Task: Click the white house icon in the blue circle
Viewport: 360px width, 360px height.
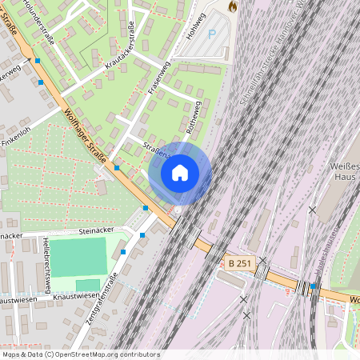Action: (180, 172)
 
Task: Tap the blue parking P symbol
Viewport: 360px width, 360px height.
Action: (212, 34)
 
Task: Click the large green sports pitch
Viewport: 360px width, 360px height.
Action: (78, 257)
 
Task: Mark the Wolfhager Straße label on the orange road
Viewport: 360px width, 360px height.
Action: (82, 127)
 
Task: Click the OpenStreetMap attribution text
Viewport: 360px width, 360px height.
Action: (81, 354)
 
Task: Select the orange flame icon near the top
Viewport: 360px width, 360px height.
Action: (233, 6)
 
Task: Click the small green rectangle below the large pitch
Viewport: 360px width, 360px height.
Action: (87, 285)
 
